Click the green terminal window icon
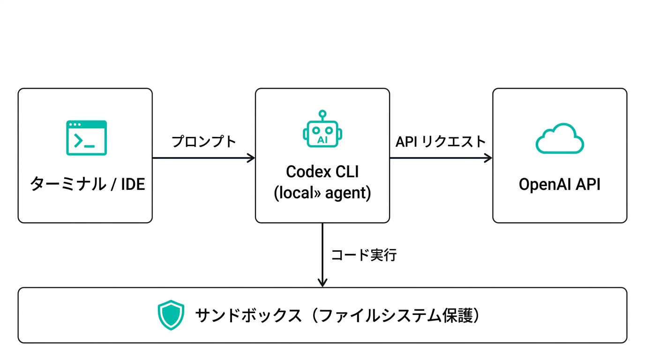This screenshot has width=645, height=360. (86, 137)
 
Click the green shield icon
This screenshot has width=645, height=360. (171, 315)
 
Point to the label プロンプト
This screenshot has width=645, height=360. (204, 142)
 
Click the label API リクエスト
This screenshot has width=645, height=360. (441, 142)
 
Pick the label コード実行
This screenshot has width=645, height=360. (364, 255)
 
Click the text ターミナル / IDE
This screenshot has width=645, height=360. (88, 184)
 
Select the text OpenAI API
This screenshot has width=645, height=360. (559, 184)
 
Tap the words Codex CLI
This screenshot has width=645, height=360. (322, 172)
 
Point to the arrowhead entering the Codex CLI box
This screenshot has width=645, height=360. (251, 158)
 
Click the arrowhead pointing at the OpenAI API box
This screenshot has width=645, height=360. (488, 158)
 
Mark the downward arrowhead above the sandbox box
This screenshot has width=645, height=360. (322, 283)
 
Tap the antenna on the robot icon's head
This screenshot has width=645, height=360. (322, 114)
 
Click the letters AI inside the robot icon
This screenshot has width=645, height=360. (322, 140)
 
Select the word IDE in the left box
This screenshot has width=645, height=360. (133, 184)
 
